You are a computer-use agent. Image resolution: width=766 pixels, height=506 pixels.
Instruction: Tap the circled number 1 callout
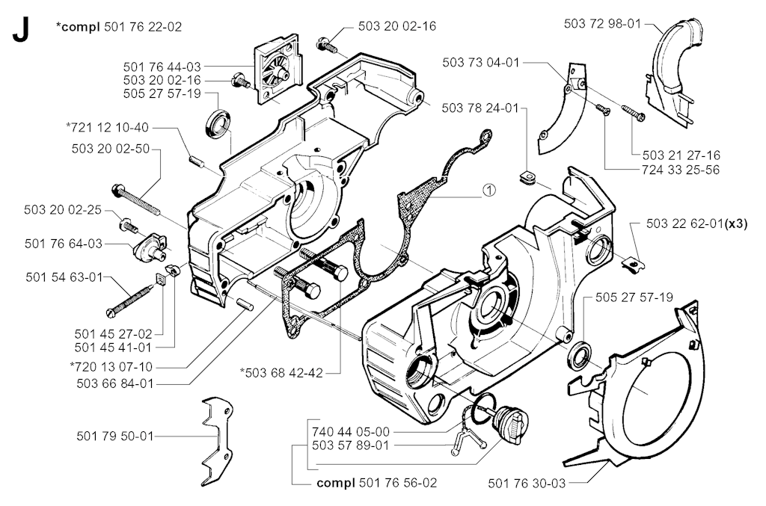[x=489, y=191]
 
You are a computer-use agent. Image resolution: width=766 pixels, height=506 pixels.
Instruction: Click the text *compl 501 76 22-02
[x=119, y=26]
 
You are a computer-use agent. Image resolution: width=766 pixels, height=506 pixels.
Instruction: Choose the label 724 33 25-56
[x=681, y=170]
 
